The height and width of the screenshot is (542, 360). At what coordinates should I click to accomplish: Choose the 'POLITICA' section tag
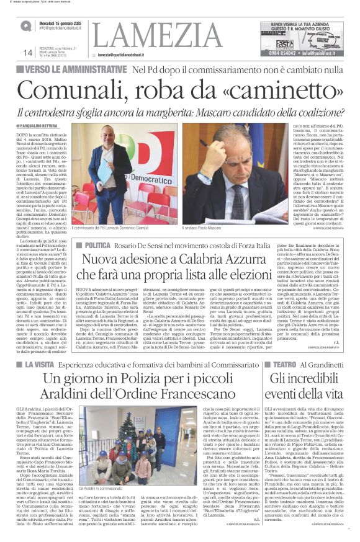coord(94,246)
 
